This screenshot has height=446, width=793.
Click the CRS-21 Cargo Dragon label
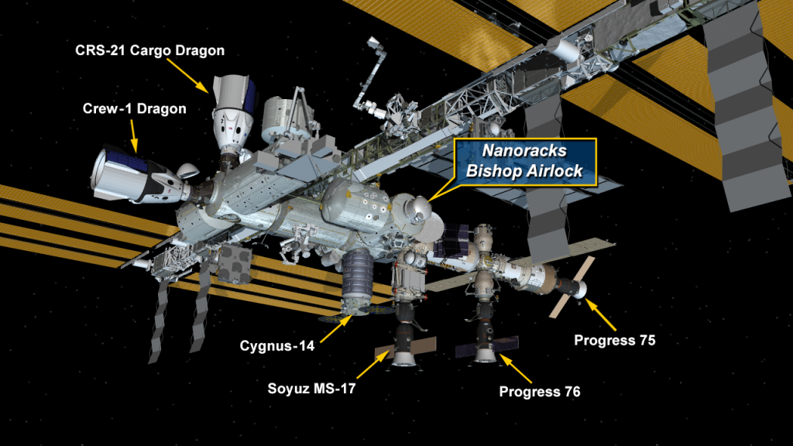click(149, 50)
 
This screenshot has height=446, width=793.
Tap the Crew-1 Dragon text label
click(135, 108)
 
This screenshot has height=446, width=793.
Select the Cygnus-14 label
click(277, 346)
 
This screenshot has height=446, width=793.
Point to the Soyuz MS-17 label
click(311, 389)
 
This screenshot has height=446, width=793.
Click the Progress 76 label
click(540, 391)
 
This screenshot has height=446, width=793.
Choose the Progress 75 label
click(614, 341)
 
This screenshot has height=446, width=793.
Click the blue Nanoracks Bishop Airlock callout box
click(525, 161)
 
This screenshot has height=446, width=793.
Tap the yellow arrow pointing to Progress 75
click(601, 315)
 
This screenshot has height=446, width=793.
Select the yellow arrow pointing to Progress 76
click(516, 369)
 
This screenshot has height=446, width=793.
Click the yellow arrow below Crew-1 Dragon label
click(134, 136)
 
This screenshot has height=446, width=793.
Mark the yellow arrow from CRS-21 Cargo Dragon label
click(187, 76)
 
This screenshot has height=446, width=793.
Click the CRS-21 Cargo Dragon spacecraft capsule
click(232, 114)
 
